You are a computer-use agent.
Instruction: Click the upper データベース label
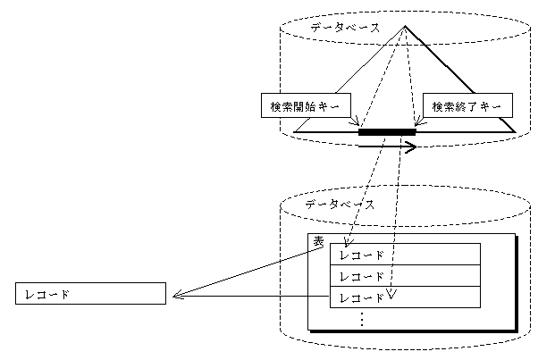[x=344, y=28]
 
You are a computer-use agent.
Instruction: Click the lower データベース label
[x=340, y=205]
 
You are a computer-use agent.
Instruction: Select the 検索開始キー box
[x=305, y=106]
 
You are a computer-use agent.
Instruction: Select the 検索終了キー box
[x=466, y=106]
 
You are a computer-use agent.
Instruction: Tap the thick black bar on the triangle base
[x=387, y=133]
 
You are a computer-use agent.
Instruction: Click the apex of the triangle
[x=405, y=25]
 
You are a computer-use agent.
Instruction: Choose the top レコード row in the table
[x=406, y=255]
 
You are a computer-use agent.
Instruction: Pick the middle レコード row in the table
[x=406, y=276]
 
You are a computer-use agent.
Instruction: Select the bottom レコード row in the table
[x=406, y=297]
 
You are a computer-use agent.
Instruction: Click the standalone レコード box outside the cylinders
[x=91, y=293]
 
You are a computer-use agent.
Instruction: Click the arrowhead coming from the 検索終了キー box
[x=416, y=126]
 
